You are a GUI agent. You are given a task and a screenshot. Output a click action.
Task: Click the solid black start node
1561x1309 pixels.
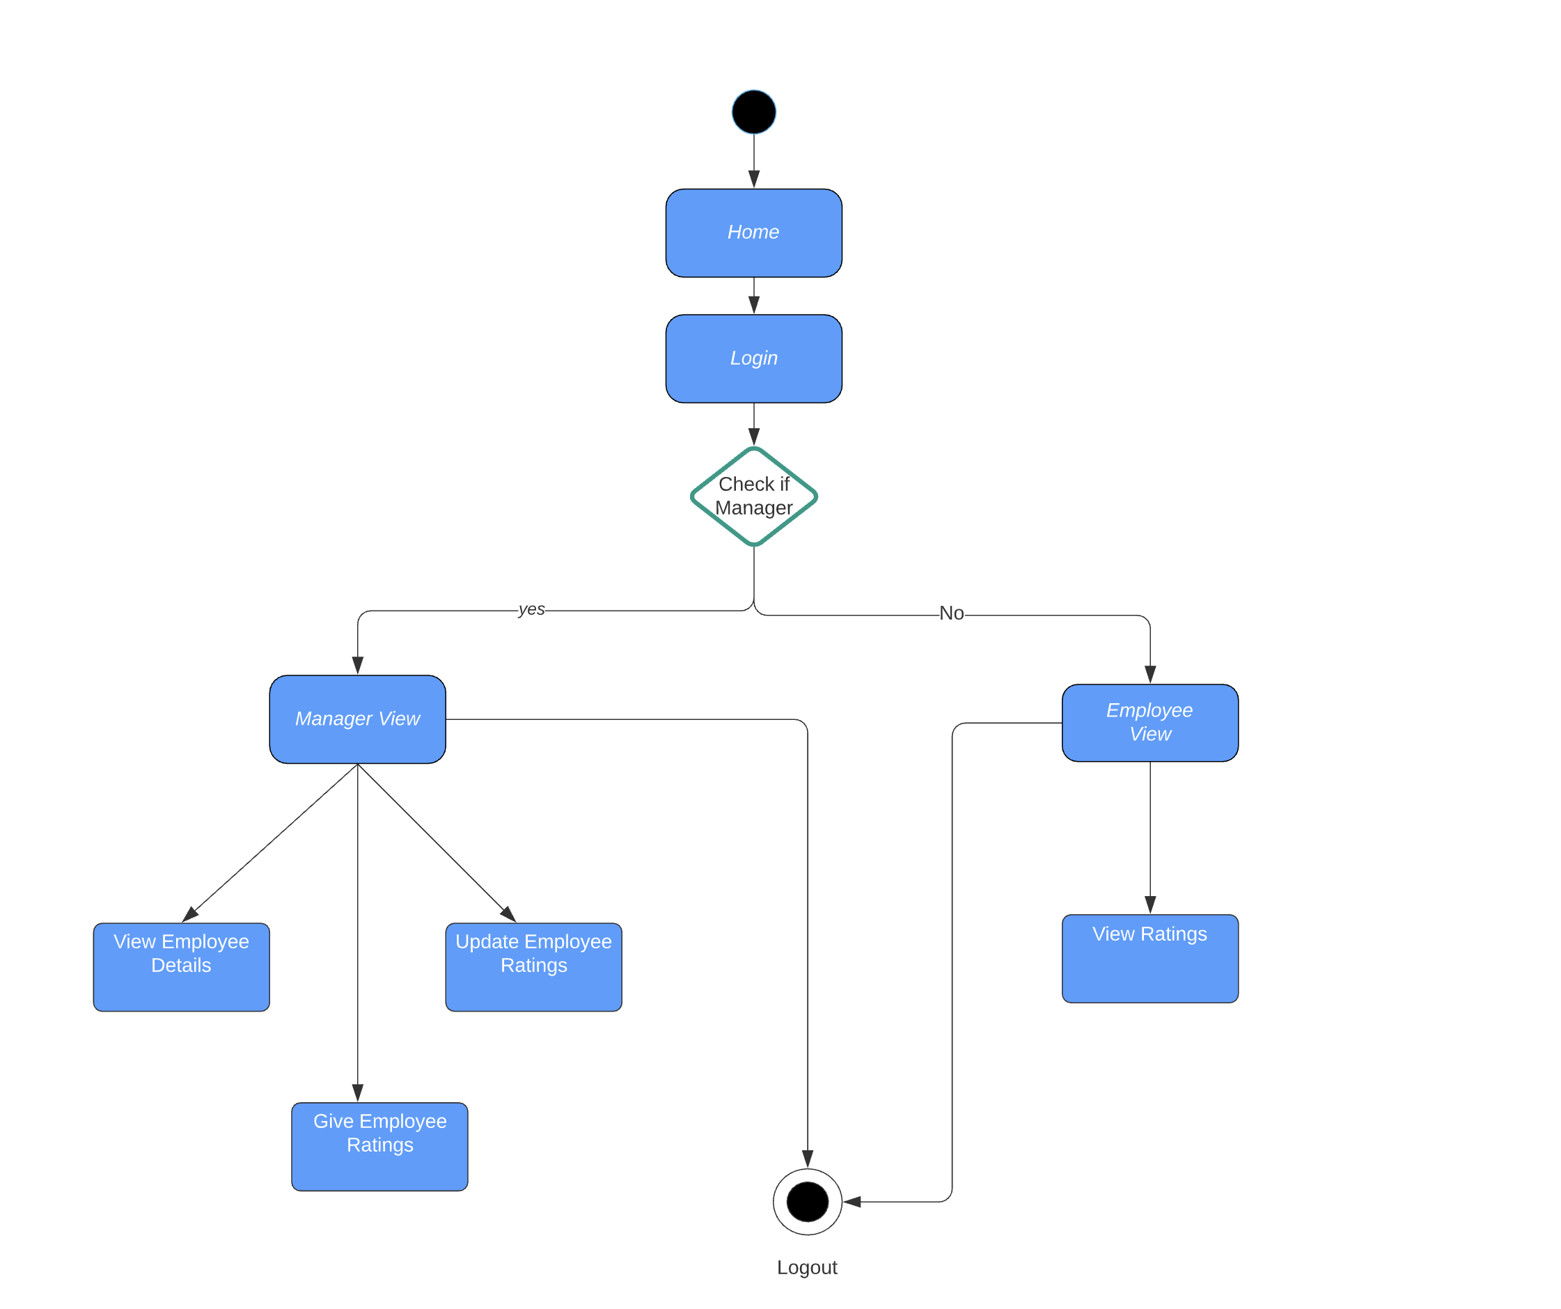tap(754, 112)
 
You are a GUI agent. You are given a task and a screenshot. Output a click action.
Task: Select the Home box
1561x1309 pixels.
tap(754, 233)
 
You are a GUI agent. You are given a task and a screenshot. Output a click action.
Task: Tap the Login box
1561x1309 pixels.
tap(754, 359)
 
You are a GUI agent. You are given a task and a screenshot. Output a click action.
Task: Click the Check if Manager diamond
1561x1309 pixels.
tap(754, 496)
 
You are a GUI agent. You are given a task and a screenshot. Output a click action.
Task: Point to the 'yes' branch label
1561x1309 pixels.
tap(531, 609)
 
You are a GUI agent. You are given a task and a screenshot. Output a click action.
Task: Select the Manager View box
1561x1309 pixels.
tap(358, 719)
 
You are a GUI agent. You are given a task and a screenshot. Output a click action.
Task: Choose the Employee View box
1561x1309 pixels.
tap(1150, 723)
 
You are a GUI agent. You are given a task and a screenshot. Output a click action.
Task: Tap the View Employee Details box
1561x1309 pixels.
tap(181, 966)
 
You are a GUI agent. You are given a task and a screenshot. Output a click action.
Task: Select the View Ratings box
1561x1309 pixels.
tap(1150, 958)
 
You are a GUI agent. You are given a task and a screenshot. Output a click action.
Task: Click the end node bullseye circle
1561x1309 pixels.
tap(807, 1201)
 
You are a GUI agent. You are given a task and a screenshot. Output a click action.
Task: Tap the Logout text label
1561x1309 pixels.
tap(806, 1267)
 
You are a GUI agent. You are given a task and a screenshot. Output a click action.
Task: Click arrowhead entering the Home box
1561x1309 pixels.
tap(754, 179)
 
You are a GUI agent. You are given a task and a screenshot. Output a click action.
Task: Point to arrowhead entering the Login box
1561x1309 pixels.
tap(754, 305)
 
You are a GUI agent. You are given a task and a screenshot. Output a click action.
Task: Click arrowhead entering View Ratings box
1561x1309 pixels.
tap(1150, 904)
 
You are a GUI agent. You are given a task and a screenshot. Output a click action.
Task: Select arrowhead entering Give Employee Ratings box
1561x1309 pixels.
tap(358, 1092)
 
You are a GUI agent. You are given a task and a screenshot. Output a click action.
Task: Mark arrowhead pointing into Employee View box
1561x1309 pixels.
tap(1150, 674)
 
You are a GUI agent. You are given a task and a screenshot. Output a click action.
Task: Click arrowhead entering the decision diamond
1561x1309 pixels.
tap(754, 437)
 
